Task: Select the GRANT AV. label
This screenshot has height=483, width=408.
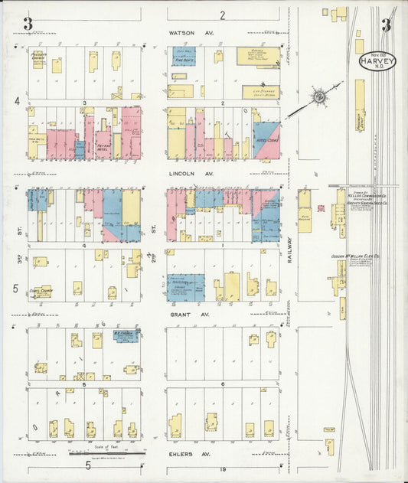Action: (x=187, y=314)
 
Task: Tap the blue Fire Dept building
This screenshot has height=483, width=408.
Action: (x=184, y=56)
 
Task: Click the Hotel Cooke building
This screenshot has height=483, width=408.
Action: (x=267, y=141)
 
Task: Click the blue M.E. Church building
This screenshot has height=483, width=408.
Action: (x=126, y=335)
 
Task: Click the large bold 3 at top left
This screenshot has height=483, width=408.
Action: (x=28, y=24)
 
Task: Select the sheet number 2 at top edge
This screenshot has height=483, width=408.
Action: (x=223, y=15)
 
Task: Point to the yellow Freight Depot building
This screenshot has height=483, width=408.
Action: (x=360, y=107)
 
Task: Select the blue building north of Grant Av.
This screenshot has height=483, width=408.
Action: (x=185, y=286)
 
